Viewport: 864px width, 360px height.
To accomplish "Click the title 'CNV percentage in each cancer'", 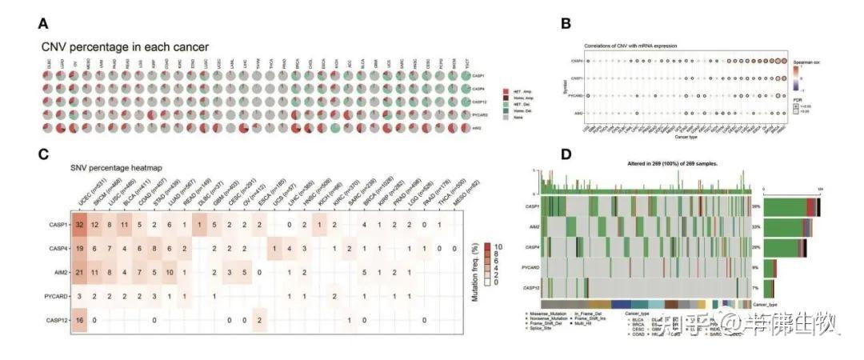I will point(125,47).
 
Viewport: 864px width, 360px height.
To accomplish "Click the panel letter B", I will point(566,23).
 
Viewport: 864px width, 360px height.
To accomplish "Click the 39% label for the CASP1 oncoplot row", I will point(755,206).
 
